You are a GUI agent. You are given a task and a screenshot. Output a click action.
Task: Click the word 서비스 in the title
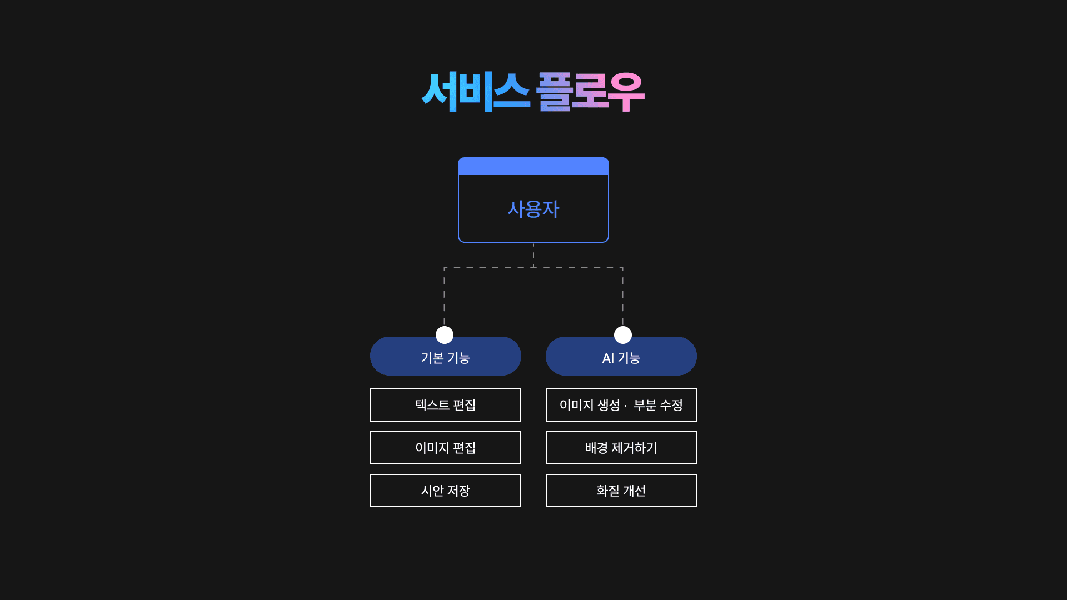point(475,92)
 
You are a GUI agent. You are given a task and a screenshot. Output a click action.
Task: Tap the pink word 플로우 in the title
point(590,92)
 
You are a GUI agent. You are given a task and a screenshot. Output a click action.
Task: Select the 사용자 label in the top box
point(533,209)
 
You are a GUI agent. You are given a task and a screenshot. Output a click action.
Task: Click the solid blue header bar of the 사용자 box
point(533,166)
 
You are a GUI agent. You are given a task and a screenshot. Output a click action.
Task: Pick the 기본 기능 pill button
point(446,357)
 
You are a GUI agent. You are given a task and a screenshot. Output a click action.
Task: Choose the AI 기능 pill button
point(621,357)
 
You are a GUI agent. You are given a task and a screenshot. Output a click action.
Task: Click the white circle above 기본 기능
point(445,335)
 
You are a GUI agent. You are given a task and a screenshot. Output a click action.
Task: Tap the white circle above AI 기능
point(623,335)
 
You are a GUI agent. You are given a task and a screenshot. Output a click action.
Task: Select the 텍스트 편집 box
point(446,405)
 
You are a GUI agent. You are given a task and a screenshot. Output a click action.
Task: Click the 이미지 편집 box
point(446,448)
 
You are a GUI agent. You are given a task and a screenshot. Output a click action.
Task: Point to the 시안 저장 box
point(446,491)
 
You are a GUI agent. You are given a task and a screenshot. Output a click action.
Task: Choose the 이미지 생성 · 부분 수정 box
point(621,405)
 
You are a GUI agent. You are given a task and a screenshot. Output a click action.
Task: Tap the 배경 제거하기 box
point(621,448)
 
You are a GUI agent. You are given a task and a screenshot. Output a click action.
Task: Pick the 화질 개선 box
point(621,491)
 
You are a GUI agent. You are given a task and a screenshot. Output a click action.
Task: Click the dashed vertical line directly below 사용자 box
point(533,255)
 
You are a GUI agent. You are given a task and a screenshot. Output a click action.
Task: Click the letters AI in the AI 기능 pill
point(608,358)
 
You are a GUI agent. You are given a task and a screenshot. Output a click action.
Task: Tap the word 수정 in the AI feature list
point(671,405)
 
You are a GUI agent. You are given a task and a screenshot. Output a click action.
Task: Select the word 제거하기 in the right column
point(634,448)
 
